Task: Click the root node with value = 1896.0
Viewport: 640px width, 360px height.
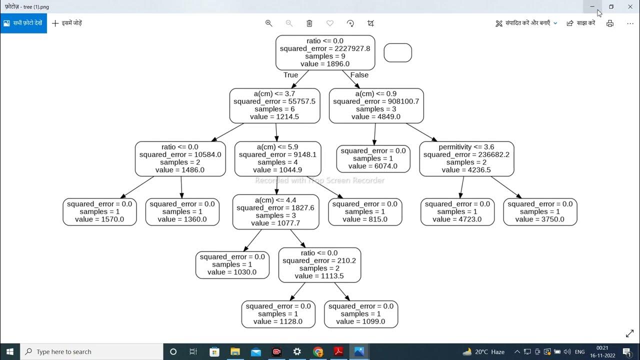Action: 325,52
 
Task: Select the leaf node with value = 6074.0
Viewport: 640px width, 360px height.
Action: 373,158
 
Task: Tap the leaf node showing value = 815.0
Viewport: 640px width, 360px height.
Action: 364,211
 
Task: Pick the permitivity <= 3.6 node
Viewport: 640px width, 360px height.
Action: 466,158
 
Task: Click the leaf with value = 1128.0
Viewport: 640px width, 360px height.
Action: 278,314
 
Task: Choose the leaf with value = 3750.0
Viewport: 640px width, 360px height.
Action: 539,211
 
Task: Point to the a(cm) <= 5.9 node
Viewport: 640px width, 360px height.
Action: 277,158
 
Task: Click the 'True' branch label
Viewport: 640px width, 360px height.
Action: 290,75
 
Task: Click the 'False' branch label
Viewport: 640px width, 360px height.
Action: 359,75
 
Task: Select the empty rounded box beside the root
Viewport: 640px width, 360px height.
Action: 397,52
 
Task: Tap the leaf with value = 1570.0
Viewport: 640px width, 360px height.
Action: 99,211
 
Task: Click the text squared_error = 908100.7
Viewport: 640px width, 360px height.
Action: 376,101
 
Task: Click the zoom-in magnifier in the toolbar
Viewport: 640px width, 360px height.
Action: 268,23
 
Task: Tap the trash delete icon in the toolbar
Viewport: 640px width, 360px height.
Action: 309,23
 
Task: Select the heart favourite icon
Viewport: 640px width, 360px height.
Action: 329,23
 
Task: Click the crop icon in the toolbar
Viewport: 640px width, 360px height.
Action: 370,23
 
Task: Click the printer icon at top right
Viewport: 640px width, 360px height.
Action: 609,23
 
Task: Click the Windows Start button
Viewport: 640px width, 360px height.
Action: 9,351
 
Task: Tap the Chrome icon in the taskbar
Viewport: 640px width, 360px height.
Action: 318,351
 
